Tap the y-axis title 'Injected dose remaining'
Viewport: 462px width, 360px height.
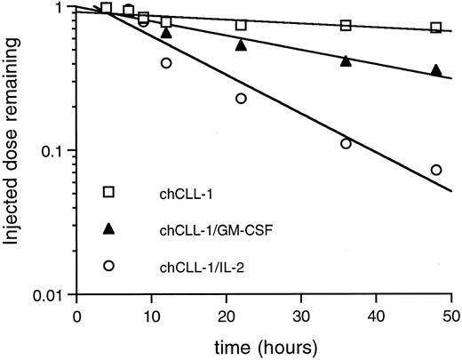pos(14,147)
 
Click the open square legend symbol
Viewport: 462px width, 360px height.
pos(108,192)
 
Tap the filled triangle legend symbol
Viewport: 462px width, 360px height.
pos(108,228)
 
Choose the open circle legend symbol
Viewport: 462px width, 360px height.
pos(108,265)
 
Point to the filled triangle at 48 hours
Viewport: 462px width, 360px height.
pos(435,70)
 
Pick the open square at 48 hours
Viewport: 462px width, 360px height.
pos(435,28)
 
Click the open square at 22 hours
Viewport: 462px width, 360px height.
pos(241,25)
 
